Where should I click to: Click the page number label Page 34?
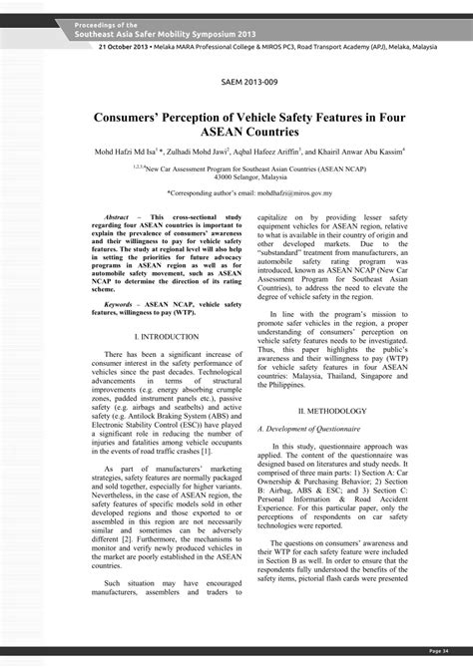click(438, 650)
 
